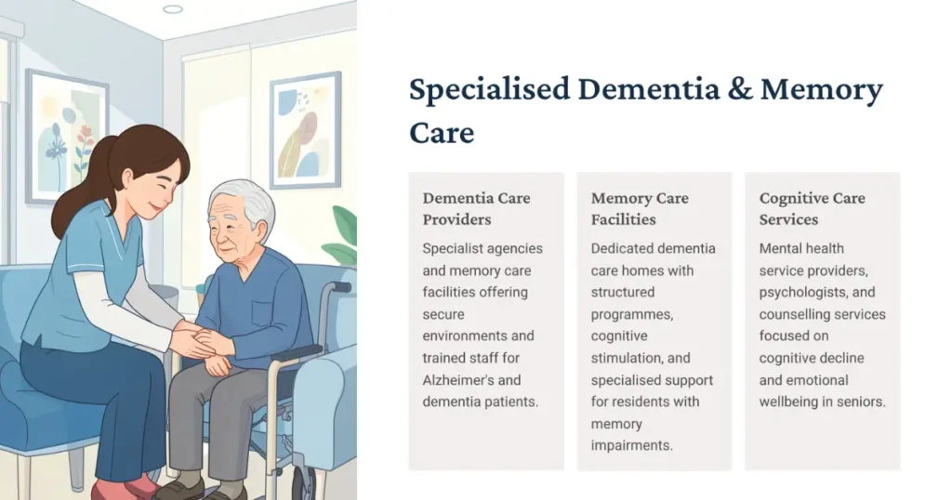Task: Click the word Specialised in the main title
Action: point(489,90)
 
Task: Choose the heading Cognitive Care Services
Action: point(812,209)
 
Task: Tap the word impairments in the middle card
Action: point(630,445)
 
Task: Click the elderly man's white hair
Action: point(245,198)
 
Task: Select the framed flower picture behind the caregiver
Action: point(66,136)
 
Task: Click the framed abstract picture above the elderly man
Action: point(304,129)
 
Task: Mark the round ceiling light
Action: point(172,9)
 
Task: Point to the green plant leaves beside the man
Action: point(343,237)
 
